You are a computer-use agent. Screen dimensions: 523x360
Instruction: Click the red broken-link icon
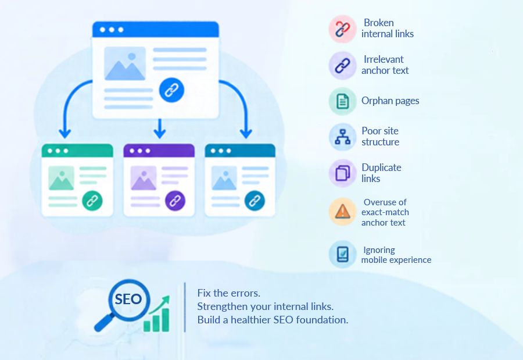(342, 28)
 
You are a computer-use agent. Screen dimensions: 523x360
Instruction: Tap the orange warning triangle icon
(342, 212)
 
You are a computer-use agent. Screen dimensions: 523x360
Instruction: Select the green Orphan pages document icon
(342, 101)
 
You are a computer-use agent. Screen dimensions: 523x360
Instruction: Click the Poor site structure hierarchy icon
(342, 137)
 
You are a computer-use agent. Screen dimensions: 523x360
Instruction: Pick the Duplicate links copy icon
(342, 173)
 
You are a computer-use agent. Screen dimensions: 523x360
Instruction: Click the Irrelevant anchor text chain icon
(342, 66)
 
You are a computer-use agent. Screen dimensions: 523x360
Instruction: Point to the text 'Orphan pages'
(391, 101)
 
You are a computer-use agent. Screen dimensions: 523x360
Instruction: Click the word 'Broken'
(378, 23)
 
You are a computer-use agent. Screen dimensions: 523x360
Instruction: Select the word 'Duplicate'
(381, 167)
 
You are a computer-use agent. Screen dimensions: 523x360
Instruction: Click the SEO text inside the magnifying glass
(128, 299)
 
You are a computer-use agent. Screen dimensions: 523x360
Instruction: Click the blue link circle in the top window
(171, 90)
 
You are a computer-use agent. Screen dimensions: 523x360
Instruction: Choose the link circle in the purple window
(175, 201)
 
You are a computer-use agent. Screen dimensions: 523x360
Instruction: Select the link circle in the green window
(92, 201)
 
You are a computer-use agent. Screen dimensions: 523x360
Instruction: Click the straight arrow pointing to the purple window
(159, 129)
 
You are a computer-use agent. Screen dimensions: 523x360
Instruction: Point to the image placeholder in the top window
(125, 63)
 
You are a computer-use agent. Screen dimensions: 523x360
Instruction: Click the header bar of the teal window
(240, 150)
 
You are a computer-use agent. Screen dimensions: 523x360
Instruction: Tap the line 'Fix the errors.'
(228, 293)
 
